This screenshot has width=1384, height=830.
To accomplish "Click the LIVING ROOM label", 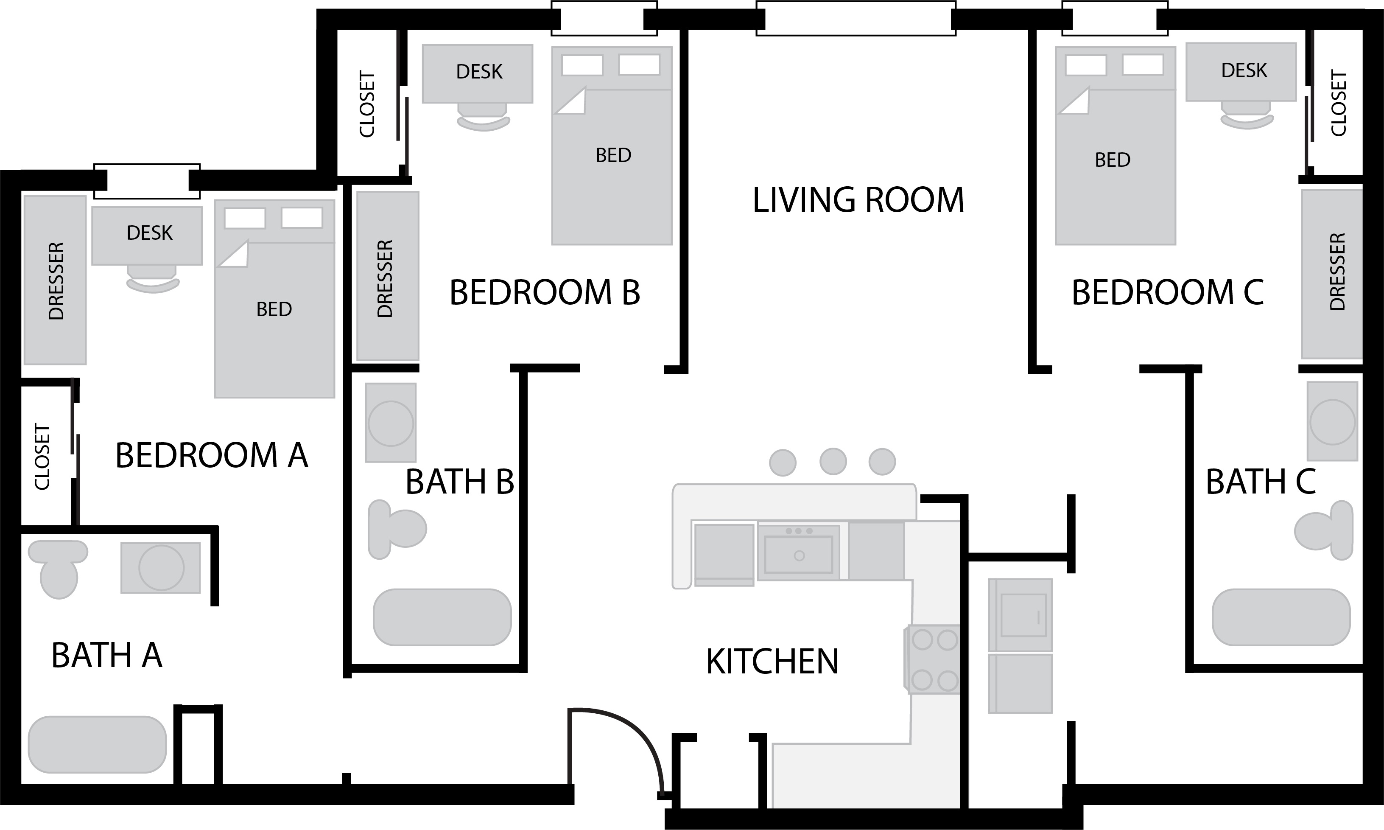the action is [x=858, y=200].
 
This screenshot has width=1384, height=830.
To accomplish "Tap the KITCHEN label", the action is [x=772, y=662].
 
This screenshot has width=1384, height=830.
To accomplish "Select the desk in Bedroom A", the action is [x=147, y=236].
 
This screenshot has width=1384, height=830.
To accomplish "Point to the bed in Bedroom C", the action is [x=1115, y=146].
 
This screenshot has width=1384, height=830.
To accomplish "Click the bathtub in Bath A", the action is [x=97, y=744].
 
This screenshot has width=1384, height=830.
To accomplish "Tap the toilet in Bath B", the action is [x=397, y=529].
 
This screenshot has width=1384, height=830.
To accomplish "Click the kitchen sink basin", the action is [x=798, y=554].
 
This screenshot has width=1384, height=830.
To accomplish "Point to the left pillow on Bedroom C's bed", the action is [x=1085, y=65].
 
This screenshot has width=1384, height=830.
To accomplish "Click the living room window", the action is [x=856, y=18].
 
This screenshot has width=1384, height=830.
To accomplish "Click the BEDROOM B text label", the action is [x=545, y=292].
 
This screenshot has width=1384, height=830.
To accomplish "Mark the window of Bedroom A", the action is [x=147, y=181].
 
